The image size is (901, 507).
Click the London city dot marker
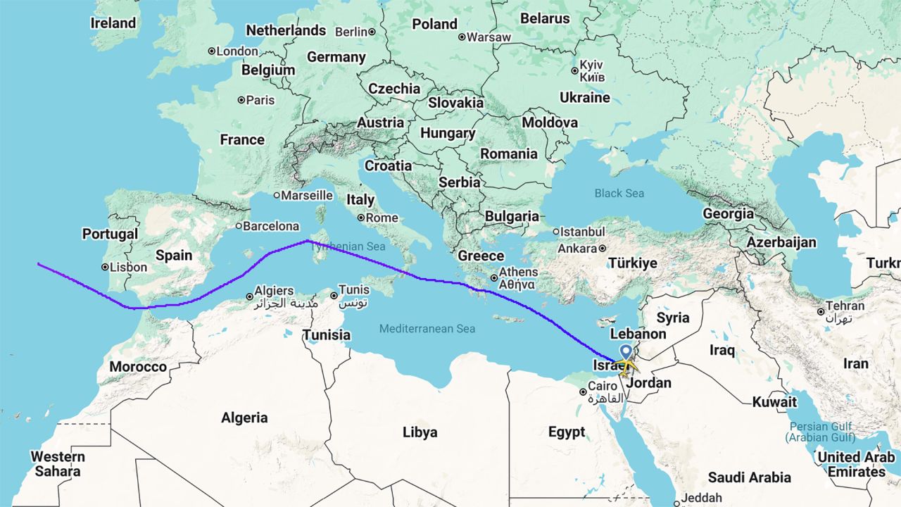(211, 51)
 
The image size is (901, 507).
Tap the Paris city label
(260, 100)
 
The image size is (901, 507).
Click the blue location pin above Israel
(625, 353)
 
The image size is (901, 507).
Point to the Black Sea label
(619, 193)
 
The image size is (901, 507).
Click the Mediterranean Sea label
(427, 329)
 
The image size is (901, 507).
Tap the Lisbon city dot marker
(104, 268)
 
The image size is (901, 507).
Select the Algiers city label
(274, 291)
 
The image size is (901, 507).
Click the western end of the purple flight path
(39, 264)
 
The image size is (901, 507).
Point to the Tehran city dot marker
(821, 311)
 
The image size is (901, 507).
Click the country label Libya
(420, 432)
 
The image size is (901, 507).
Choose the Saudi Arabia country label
(750, 477)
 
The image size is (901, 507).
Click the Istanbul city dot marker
(556, 231)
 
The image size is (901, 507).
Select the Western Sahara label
(57, 463)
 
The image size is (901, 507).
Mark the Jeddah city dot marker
(676, 503)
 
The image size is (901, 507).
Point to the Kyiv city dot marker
(574, 70)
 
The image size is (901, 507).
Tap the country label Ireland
(113, 23)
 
